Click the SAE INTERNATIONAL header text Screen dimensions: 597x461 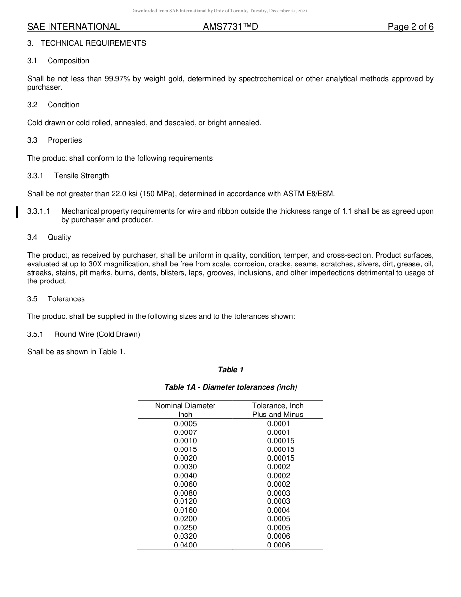(73, 27)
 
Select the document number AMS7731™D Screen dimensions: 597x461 (230, 27)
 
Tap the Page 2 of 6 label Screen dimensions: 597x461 (410, 27)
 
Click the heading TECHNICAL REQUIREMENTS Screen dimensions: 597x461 (93, 43)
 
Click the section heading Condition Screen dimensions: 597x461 (64, 105)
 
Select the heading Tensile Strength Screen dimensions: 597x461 (82, 176)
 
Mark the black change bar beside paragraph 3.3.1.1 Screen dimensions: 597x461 (17, 212)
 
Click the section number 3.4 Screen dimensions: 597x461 (33, 237)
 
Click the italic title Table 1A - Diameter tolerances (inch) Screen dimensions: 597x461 (230, 387)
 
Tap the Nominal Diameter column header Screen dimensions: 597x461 (185, 406)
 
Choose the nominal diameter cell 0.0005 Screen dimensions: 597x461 (185, 424)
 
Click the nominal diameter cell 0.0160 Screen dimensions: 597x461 (185, 510)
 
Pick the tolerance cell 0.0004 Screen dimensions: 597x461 (278, 510)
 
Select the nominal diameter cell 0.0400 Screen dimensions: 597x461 (185, 545)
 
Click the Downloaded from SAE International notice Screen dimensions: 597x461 (219, 11)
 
